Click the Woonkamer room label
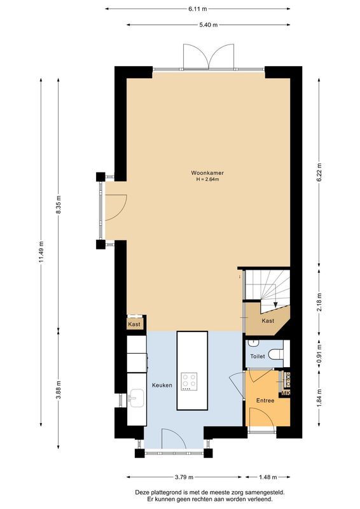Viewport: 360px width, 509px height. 207,172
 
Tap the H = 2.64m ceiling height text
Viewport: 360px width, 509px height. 207,179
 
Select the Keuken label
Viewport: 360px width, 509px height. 162,386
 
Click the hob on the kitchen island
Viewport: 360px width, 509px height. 190,382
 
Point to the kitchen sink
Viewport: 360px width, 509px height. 135,400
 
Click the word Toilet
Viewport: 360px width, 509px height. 258,357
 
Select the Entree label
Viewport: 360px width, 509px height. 265,400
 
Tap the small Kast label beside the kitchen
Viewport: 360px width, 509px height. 134,324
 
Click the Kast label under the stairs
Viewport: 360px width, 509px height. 268,321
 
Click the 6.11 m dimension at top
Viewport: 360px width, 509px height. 198,10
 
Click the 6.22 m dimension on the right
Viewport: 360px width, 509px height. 319,172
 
